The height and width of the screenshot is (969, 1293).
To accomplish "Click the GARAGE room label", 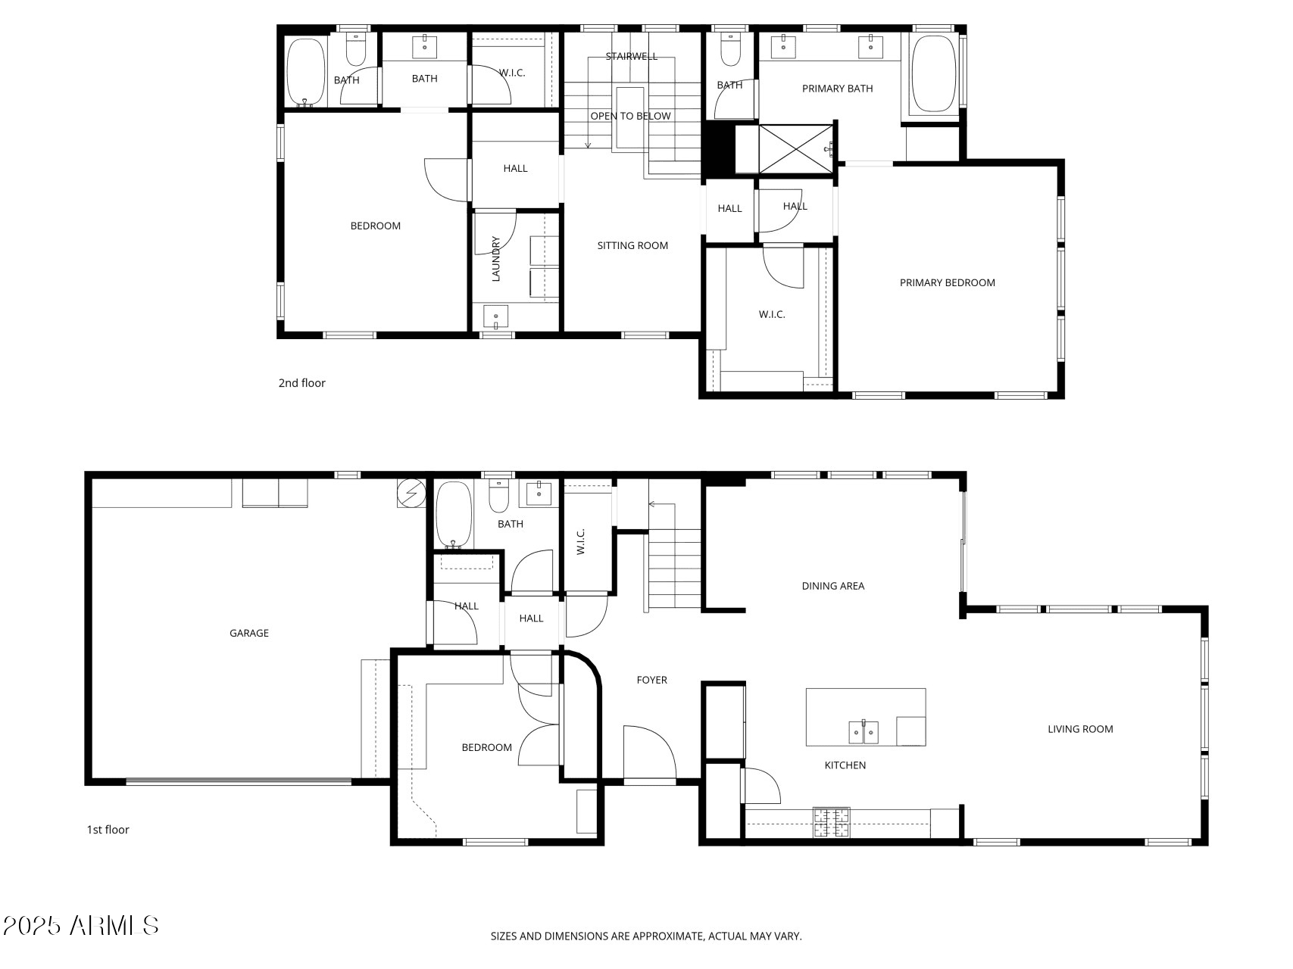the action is [x=249, y=633].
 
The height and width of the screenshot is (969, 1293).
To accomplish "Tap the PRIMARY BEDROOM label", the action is [x=947, y=282].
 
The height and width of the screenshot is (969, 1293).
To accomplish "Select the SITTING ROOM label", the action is [x=632, y=245].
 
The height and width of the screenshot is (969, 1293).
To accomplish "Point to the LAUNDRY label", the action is [x=496, y=259].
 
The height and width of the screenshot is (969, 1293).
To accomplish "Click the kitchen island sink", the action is [x=864, y=731].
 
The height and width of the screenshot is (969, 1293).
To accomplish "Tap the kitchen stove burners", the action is [x=832, y=823].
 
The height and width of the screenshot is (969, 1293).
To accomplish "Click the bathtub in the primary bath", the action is [x=933, y=74].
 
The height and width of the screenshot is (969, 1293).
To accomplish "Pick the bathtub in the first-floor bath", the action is [x=454, y=515].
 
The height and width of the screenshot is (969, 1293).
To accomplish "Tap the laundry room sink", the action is [x=495, y=316].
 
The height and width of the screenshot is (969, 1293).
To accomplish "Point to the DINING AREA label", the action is [x=833, y=586].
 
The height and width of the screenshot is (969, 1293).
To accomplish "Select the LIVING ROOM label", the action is [x=1080, y=729].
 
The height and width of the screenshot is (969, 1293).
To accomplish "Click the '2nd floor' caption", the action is [x=301, y=383].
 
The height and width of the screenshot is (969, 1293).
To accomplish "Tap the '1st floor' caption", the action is [x=108, y=830].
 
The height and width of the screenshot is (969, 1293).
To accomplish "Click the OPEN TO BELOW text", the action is [x=630, y=116].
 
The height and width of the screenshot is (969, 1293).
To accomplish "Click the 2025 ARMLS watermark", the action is [x=80, y=925].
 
